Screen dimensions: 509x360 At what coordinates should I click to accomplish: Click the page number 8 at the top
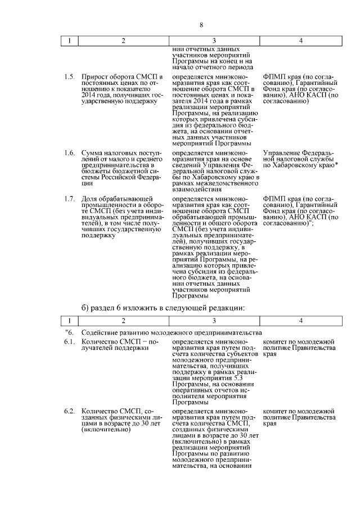(x=201, y=24)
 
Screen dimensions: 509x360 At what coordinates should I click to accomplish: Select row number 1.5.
(x=69, y=76)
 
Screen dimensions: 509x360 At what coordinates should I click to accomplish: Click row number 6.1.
(x=69, y=341)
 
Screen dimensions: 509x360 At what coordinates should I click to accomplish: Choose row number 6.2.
(x=69, y=419)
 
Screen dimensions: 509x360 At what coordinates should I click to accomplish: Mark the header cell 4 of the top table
(x=301, y=41)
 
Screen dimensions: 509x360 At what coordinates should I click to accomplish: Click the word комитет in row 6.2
(x=277, y=419)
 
